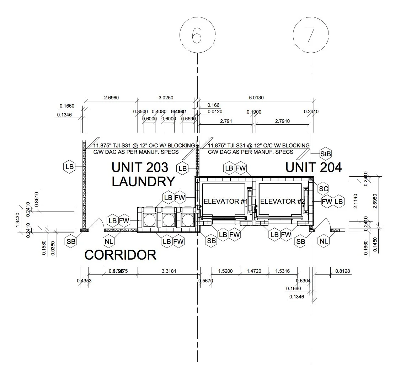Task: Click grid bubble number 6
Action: click(x=197, y=35)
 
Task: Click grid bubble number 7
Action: click(x=310, y=35)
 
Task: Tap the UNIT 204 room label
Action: click(x=314, y=167)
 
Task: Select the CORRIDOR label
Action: click(x=121, y=255)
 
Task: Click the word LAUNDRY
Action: click(x=143, y=181)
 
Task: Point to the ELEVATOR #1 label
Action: click(x=225, y=201)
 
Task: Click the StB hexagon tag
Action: click(x=326, y=154)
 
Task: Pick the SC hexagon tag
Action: click(x=323, y=189)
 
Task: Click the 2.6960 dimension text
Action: click(x=111, y=98)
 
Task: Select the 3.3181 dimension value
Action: click(x=169, y=271)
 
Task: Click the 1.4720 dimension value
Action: click(x=254, y=271)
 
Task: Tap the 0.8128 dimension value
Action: click(x=342, y=271)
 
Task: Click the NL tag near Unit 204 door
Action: click(x=324, y=241)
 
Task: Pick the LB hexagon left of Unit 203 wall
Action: click(x=69, y=166)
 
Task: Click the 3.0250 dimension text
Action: click(x=166, y=98)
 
